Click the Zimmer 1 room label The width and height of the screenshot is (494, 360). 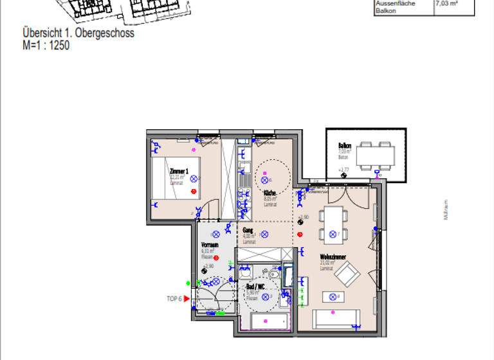(x=178, y=172)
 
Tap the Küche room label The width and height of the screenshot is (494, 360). (x=270, y=193)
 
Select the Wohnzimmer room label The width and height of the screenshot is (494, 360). (x=333, y=257)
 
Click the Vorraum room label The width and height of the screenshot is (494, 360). (x=210, y=245)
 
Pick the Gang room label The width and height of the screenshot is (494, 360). (x=248, y=230)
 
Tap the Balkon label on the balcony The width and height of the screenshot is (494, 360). (x=345, y=146)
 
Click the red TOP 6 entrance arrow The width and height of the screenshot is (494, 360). (x=187, y=298)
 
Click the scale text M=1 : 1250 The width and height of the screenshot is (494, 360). (x=46, y=46)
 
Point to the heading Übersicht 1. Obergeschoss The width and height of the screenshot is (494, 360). (x=78, y=33)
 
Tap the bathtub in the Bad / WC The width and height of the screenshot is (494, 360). (x=268, y=321)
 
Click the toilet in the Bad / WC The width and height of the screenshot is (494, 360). (x=273, y=275)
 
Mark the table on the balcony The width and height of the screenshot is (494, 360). (x=376, y=154)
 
